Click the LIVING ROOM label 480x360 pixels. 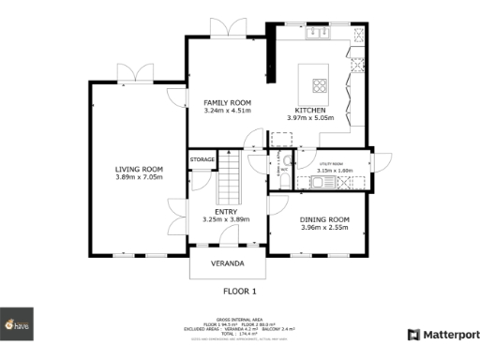(x=139, y=169)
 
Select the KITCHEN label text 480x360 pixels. (x=310, y=110)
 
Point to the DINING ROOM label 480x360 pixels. (x=325, y=218)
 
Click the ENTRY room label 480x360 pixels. (x=226, y=212)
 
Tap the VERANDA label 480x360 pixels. (x=227, y=262)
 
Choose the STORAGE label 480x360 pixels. (x=202, y=160)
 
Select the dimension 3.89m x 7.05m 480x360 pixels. (x=139, y=177)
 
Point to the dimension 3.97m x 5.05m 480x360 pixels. (x=310, y=118)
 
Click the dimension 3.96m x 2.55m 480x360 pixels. (x=325, y=227)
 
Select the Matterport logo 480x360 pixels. (x=441, y=334)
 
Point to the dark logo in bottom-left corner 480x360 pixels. (x=16, y=322)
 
